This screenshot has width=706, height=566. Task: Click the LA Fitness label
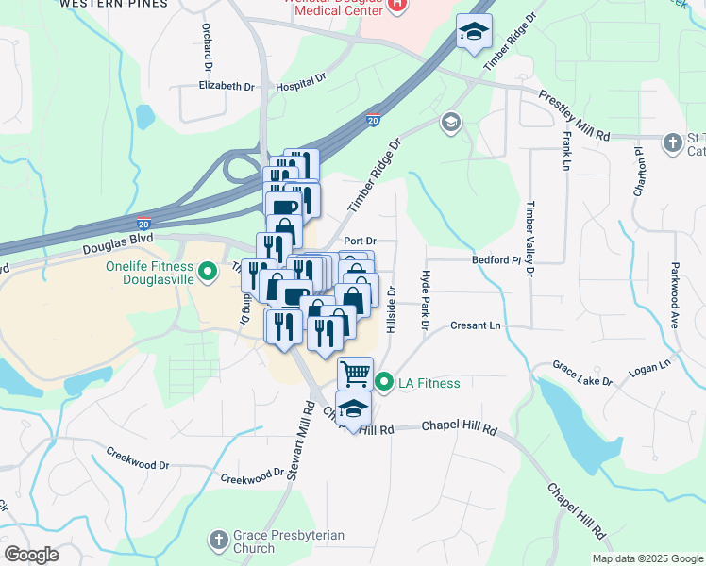click(429, 383)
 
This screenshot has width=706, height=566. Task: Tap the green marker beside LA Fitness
click(384, 383)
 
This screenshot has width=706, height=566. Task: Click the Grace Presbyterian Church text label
click(275, 541)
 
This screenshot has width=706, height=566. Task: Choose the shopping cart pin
click(355, 374)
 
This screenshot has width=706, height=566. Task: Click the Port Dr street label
click(360, 241)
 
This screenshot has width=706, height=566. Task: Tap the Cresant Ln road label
click(473, 325)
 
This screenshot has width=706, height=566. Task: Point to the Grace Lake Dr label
click(582, 374)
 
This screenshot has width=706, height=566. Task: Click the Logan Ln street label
click(650, 363)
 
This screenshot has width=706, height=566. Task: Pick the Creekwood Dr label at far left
click(137, 465)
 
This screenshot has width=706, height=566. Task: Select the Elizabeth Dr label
click(227, 86)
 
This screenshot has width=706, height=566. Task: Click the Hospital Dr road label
click(301, 86)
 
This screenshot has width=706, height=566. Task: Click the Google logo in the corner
click(31, 555)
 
